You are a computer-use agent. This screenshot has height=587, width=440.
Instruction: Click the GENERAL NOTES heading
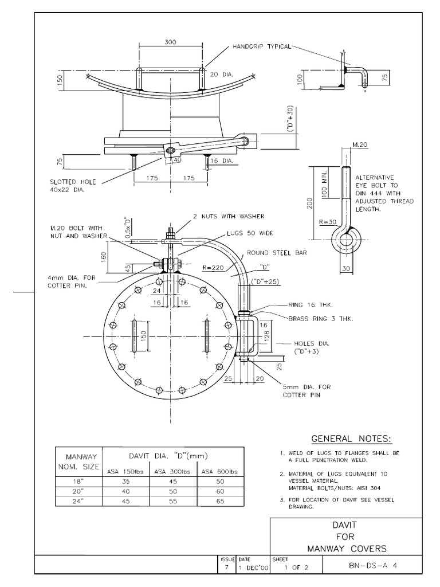351,439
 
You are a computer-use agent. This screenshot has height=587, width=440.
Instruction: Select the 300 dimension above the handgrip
170,42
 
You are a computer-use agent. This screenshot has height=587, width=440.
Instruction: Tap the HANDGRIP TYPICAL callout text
262,45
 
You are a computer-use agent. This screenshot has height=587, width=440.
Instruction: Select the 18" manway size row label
78,483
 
